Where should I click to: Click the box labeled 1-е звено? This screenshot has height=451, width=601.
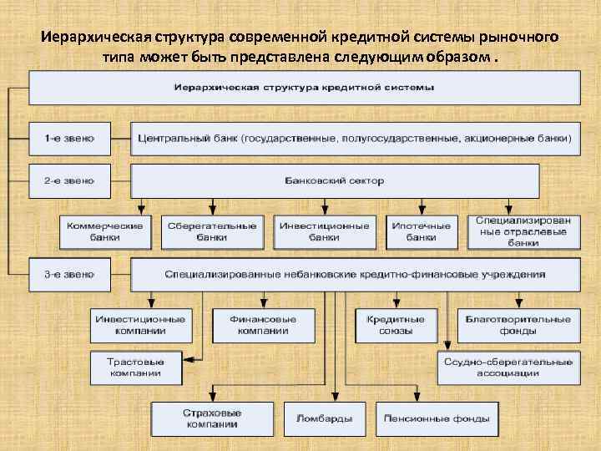(x=70, y=139)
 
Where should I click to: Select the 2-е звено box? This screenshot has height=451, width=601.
(x=70, y=180)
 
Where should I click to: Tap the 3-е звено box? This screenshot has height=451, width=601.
(x=70, y=273)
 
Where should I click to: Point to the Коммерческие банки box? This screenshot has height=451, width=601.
(x=105, y=231)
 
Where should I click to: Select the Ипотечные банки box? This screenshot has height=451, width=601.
(x=422, y=231)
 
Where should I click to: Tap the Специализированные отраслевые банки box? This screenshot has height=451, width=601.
(x=523, y=231)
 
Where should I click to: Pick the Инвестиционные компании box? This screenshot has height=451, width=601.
(x=141, y=325)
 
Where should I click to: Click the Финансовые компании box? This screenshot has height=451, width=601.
(x=264, y=325)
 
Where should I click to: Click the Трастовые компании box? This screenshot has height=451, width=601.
(x=135, y=367)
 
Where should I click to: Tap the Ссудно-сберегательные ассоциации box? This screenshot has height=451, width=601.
(x=508, y=367)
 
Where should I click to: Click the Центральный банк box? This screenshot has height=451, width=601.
(x=355, y=139)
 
